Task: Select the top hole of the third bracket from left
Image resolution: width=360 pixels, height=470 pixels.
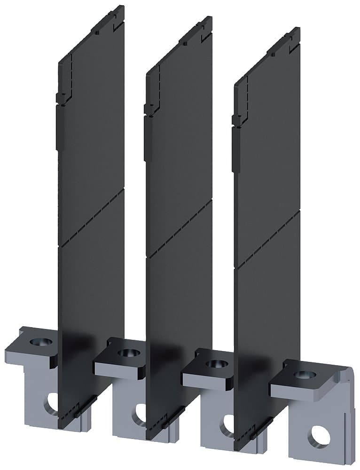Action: point(214,363)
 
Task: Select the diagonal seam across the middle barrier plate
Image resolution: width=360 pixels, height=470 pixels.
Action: point(181,228)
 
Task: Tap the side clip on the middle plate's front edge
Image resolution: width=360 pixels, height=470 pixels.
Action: point(148,109)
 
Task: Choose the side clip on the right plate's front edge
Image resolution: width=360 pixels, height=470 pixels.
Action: point(236,119)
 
